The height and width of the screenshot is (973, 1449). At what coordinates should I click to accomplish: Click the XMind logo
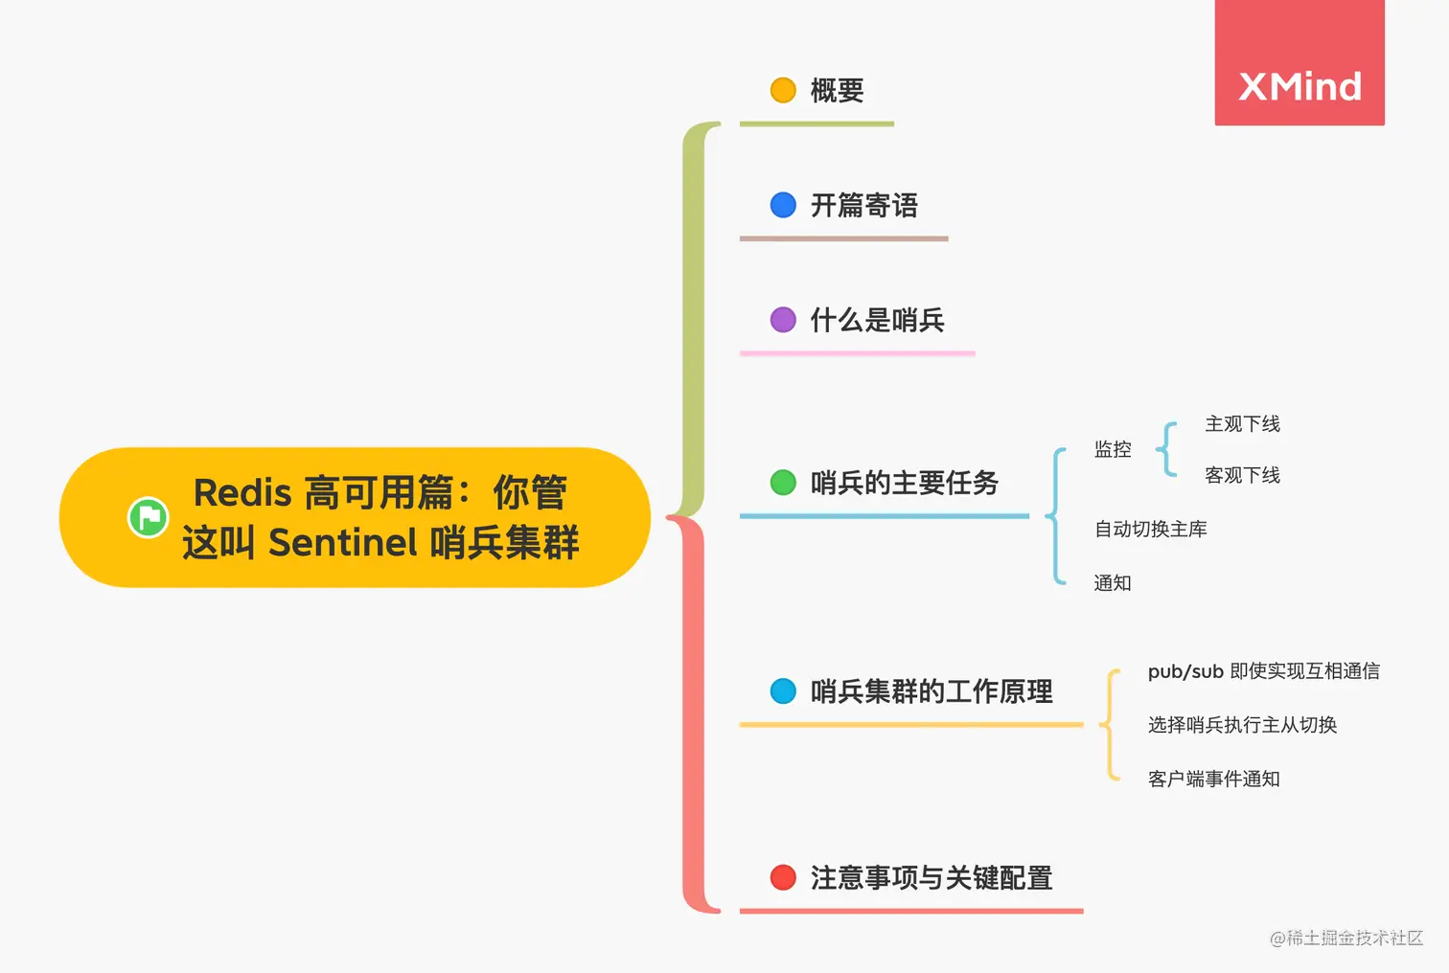pos(1299,86)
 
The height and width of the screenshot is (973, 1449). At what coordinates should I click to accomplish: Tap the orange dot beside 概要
pos(783,90)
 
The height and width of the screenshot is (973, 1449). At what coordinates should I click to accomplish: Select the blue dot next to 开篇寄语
pos(783,205)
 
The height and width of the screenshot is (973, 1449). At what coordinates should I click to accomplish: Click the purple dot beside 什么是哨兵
pos(783,320)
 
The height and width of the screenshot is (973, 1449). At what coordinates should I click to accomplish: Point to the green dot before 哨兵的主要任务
pos(783,483)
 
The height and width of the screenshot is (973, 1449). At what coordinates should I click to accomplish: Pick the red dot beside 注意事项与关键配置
pos(783,877)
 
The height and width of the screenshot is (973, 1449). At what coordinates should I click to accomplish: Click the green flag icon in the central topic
pos(149,518)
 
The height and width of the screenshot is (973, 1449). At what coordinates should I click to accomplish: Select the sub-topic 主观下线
pos(1242,424)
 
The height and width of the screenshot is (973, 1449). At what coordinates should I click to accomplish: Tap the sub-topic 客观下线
pos(1242,476)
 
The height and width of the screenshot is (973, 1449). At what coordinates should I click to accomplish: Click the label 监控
pos(1113,449)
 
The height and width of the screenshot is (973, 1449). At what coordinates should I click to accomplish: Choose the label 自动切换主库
pos(1150,530)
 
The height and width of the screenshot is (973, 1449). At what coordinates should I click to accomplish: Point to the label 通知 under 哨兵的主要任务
pos(1113,583)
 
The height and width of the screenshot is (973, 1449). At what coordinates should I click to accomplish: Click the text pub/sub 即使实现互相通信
pos(1263,671)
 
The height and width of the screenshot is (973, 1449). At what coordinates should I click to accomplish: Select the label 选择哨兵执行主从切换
pos(1242,725)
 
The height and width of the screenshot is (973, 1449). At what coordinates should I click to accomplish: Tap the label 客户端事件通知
pos(1213,780)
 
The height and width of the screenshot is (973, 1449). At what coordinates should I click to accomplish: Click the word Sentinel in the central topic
pos(343,543)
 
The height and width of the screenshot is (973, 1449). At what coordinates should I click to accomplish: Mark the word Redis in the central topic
pos(241,493)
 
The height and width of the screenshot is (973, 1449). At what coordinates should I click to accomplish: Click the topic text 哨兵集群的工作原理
pos(931,691)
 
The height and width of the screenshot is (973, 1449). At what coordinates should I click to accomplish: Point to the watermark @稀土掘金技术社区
pos(1345,939)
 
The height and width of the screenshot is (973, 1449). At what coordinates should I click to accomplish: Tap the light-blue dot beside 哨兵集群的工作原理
pos(783,691)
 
